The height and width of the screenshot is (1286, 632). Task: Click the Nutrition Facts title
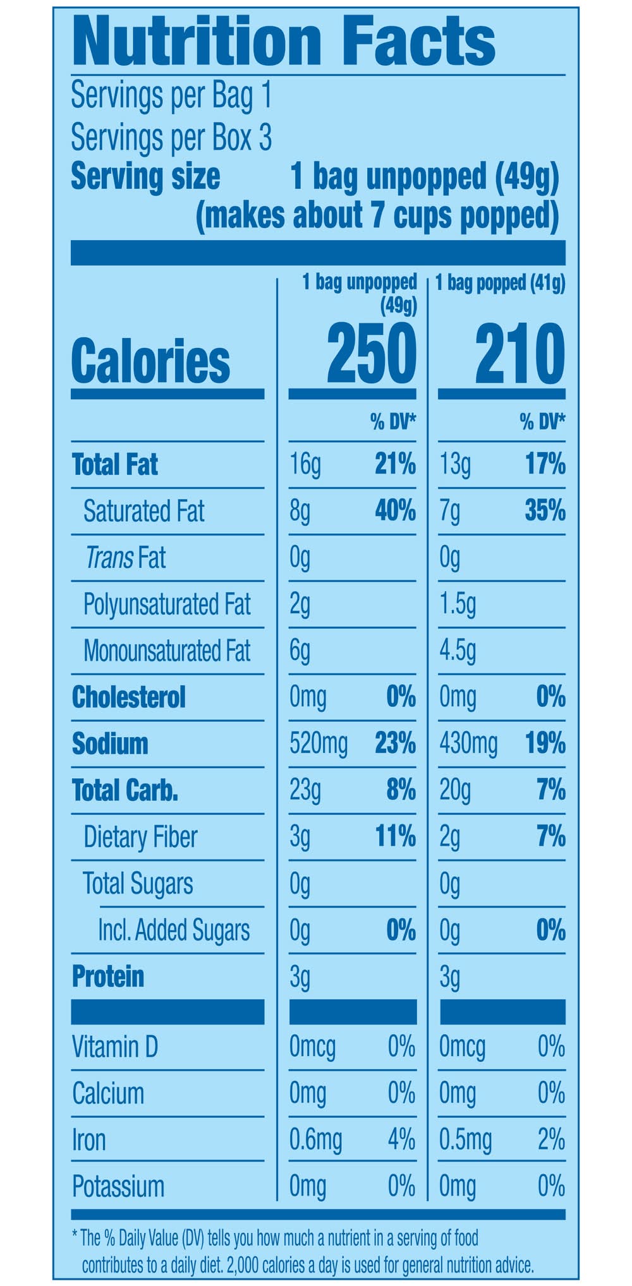tap(284, 41)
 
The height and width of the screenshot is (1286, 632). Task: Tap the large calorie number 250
tap(371, 354)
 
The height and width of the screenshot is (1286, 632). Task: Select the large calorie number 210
tap(520, 354)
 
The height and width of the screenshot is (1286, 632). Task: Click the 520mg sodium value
tap(319, 744)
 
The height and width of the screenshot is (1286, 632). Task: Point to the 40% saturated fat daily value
tap(395, 510)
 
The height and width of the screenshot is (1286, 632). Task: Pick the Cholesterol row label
tap(129, 697)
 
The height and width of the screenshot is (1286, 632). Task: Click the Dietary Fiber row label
tap(140, 837)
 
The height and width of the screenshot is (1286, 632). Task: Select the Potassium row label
tap(118, 1186)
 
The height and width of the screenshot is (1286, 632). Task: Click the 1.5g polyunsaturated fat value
tap(458, 604)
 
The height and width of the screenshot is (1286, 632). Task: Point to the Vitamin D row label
tap(114, 1047)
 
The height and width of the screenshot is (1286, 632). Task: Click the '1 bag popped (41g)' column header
tap(500, 283)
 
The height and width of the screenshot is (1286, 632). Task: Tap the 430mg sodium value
tap(468, 744)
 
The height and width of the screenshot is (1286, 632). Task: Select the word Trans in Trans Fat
tap(109, 558)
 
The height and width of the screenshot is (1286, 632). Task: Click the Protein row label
tap(108, 977)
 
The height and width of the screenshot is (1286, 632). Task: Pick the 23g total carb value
tap(305, 790)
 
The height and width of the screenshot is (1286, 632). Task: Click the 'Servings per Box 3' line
tap(171, 136)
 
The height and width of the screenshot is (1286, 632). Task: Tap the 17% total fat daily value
tap(545, 464)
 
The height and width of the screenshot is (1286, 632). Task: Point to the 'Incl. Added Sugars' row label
tap(173, 930)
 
